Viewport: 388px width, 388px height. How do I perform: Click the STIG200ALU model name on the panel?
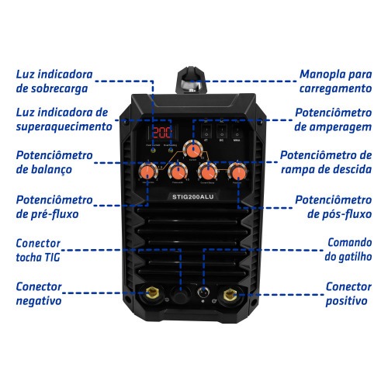192,197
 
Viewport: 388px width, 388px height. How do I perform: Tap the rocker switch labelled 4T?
206,130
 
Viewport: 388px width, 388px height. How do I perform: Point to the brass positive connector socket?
230,294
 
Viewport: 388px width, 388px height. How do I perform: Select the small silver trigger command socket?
203,295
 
